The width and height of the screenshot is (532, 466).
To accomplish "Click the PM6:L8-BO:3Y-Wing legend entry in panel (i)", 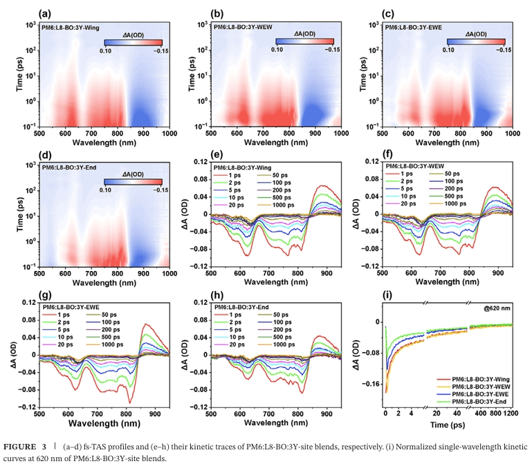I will click(x=478, y=379).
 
